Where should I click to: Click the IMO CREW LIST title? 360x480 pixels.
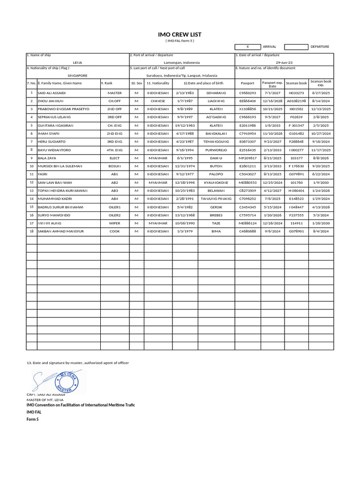[x=180, y=34]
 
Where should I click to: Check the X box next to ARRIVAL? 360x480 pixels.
[x=247, y=47]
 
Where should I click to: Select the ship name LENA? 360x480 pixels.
[x=77, y=62]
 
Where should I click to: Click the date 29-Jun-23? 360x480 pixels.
[x=284, y=62]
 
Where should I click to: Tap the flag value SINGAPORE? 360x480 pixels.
[x=77, y=75]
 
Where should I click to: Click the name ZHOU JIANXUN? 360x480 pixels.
[x=50, y=101]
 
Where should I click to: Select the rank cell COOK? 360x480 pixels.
[x=115, y=231]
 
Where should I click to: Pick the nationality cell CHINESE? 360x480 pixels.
[x=158, y=101]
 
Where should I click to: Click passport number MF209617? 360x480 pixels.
[x=247, y=158]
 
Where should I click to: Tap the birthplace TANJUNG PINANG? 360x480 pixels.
[x=216, y=199]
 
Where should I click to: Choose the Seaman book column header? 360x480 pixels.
[x=296, y=83]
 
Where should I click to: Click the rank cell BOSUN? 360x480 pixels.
[x=115, y=166]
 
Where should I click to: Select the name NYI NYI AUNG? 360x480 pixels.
[x=50, y=223]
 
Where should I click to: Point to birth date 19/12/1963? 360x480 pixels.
[x=184, y=126]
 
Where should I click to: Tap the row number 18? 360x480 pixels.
[x=31, y=231]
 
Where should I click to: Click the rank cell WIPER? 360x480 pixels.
[x=115, y=223]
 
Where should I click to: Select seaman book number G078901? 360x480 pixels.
[x=296, y=231]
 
